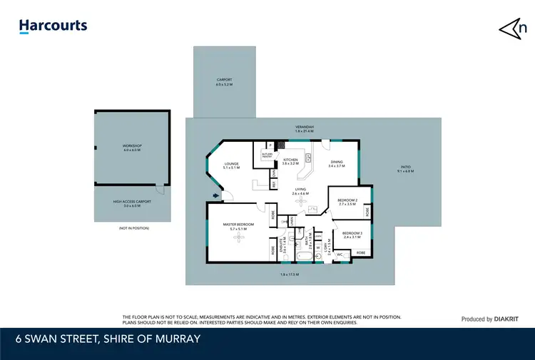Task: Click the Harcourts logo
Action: click(53, 26)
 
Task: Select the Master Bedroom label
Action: click(238, 226)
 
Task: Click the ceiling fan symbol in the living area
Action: click(302, 203)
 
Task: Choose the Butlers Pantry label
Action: click(267, 155)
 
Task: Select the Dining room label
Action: click(335, 164)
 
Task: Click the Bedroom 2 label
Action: click(347, 202)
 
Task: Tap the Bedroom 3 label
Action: click(352, 235)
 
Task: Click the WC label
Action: click(340, 254)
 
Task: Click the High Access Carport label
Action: click(133, 203)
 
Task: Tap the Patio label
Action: click(405, 170)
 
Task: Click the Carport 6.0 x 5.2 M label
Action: click(224, 82)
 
